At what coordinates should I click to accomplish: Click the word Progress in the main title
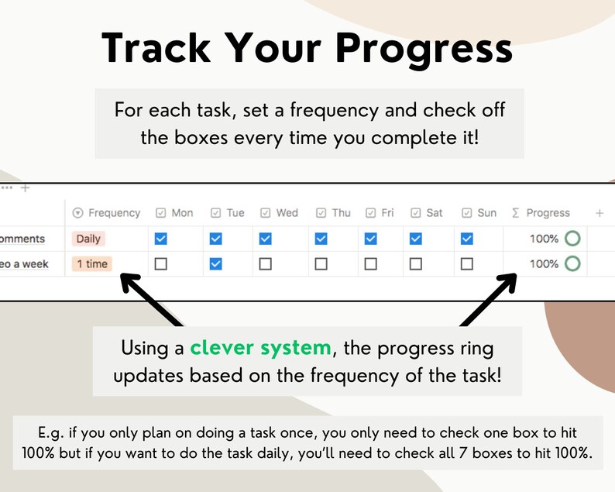point(424,49)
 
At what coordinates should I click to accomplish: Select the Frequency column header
point(107,212)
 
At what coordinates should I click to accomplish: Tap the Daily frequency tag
point(88,239)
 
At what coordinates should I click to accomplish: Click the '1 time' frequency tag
point(92,263)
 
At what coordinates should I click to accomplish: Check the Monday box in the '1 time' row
point(161,263)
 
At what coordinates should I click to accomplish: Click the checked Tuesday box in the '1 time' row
point(216,263)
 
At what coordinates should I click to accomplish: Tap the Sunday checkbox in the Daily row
point(467,239)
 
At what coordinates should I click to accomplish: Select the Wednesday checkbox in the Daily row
point(266,239)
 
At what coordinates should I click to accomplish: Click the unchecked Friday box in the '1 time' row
point(371,263)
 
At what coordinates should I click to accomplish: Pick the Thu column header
point(333,212)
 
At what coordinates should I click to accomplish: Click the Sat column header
point(427,212)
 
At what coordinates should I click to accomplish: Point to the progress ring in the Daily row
point(572,231)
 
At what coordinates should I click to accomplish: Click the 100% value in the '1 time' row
point(544,263)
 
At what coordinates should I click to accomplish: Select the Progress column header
point(541,212)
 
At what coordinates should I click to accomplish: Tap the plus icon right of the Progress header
point(600,213)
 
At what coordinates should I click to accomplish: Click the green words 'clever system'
point(260,348)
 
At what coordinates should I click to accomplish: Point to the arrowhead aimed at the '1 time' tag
point(129,283)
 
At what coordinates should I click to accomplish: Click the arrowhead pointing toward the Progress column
point(507,283)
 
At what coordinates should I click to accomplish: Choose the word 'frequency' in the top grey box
point(334,111)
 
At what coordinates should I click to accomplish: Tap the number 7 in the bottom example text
point(463,453)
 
